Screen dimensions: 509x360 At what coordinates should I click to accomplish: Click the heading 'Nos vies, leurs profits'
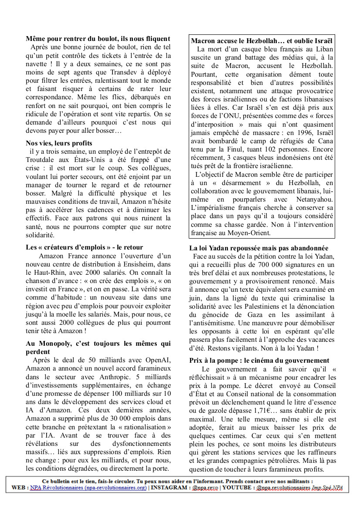pyautogui.click(x=59, y=143)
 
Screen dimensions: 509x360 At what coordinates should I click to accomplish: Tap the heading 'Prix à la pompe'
pyautogui.click(x=259, y=361)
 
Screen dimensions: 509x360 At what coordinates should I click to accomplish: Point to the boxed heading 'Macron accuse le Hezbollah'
pyautogui.click(x=262, y=41)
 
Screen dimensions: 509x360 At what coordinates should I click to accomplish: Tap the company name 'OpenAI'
pyautogui.click(x=158, y=359)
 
